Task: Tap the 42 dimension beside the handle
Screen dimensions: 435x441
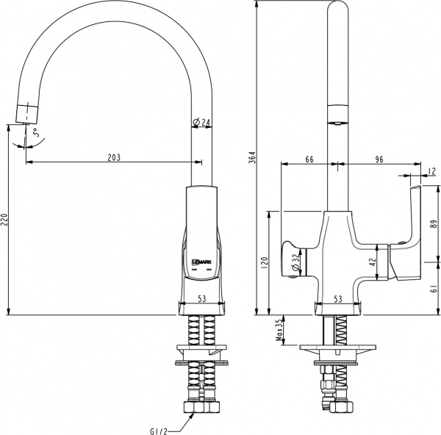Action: point(373,260)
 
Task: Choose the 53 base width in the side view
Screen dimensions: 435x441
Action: point(201,299)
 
